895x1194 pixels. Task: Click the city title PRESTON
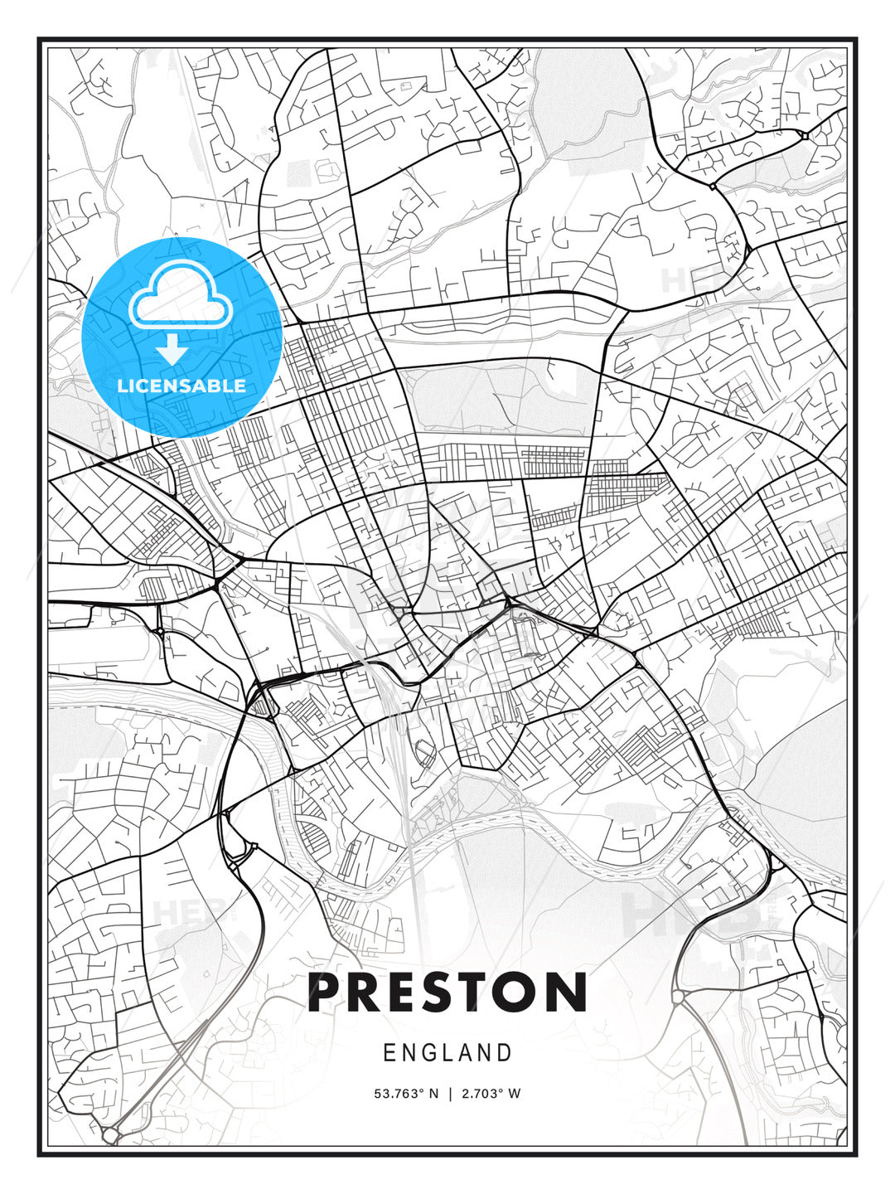pyautogui.click(x=447, y=993)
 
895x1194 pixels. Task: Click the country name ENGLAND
pyautogui.click(x=447, y=1053)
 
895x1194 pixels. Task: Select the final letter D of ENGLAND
pyautogui.click(x=505, y=1053)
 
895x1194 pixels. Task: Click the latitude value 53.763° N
pyautogui.click(x=406, y=1094)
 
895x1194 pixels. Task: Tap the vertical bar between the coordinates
pyautogui.click(x=448, y=1094)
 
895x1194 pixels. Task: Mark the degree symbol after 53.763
pyautogui.click(x=420, y=1090)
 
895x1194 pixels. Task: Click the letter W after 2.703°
pyautogui.click(x=515, y=1094)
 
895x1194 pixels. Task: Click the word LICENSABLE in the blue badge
pyautogui.click(x=181, y=386)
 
